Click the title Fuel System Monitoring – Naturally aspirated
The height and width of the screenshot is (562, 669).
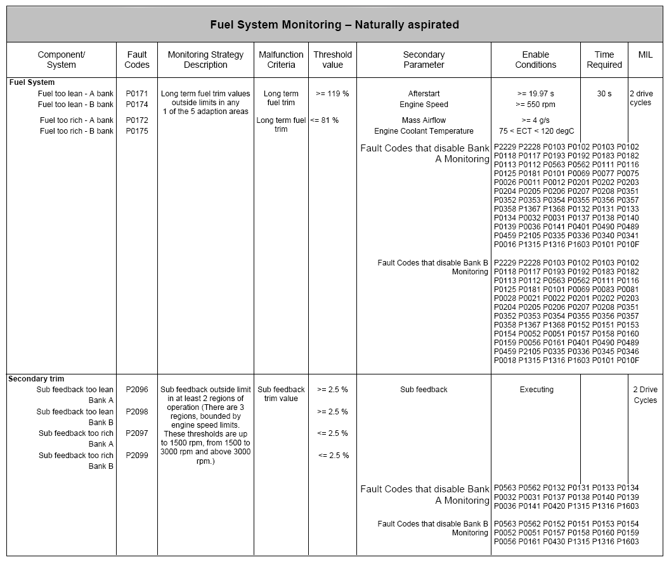pos(334,25)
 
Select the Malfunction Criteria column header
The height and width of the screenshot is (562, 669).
pos(281,60)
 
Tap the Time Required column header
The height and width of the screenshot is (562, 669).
pos(604,60)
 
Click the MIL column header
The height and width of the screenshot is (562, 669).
pos(645,54)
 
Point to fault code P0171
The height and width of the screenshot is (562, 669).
pos(136,94)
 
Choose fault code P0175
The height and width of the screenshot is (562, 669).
pos(136,131)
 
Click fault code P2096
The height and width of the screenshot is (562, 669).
pos(136,390)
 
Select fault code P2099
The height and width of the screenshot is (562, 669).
pos(136,456)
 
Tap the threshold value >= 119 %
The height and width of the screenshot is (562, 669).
pos(332,94)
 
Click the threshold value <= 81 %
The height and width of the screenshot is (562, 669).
pos(324,120)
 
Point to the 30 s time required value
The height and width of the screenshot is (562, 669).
pos(604,94)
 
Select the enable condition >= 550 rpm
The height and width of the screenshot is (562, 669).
pos(535,105)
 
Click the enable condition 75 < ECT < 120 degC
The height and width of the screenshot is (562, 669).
pos(535,131)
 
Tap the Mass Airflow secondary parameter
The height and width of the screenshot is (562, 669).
pos(424,120)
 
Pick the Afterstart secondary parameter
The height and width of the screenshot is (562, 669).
pos(424,94)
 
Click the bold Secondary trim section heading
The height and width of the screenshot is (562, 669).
pos(36,379)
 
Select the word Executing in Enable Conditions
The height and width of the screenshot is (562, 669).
pos(536,390)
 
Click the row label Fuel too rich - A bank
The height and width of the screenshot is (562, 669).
pos(77,120)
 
